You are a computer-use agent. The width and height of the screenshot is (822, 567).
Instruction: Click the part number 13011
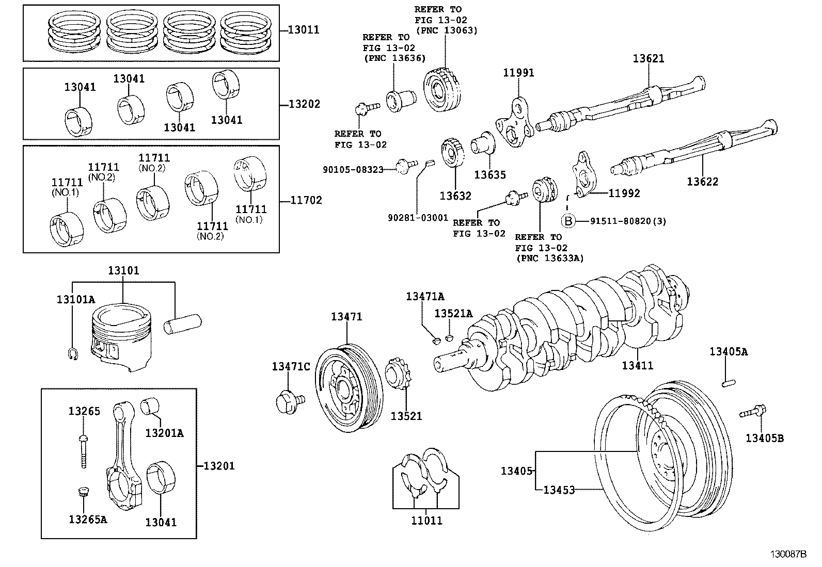pos(303,30)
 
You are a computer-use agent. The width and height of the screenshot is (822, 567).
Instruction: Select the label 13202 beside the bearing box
pos(304,104)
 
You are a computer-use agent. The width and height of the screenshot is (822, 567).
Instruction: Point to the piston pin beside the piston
pos(184,326)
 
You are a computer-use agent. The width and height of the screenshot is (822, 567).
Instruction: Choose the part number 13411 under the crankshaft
pos(637,365)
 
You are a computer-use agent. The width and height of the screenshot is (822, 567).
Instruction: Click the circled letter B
pos(567,221)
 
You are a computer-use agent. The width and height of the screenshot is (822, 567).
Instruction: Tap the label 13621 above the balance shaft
pos(649,59)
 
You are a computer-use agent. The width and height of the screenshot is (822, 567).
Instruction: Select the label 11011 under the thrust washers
pos(426,521)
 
